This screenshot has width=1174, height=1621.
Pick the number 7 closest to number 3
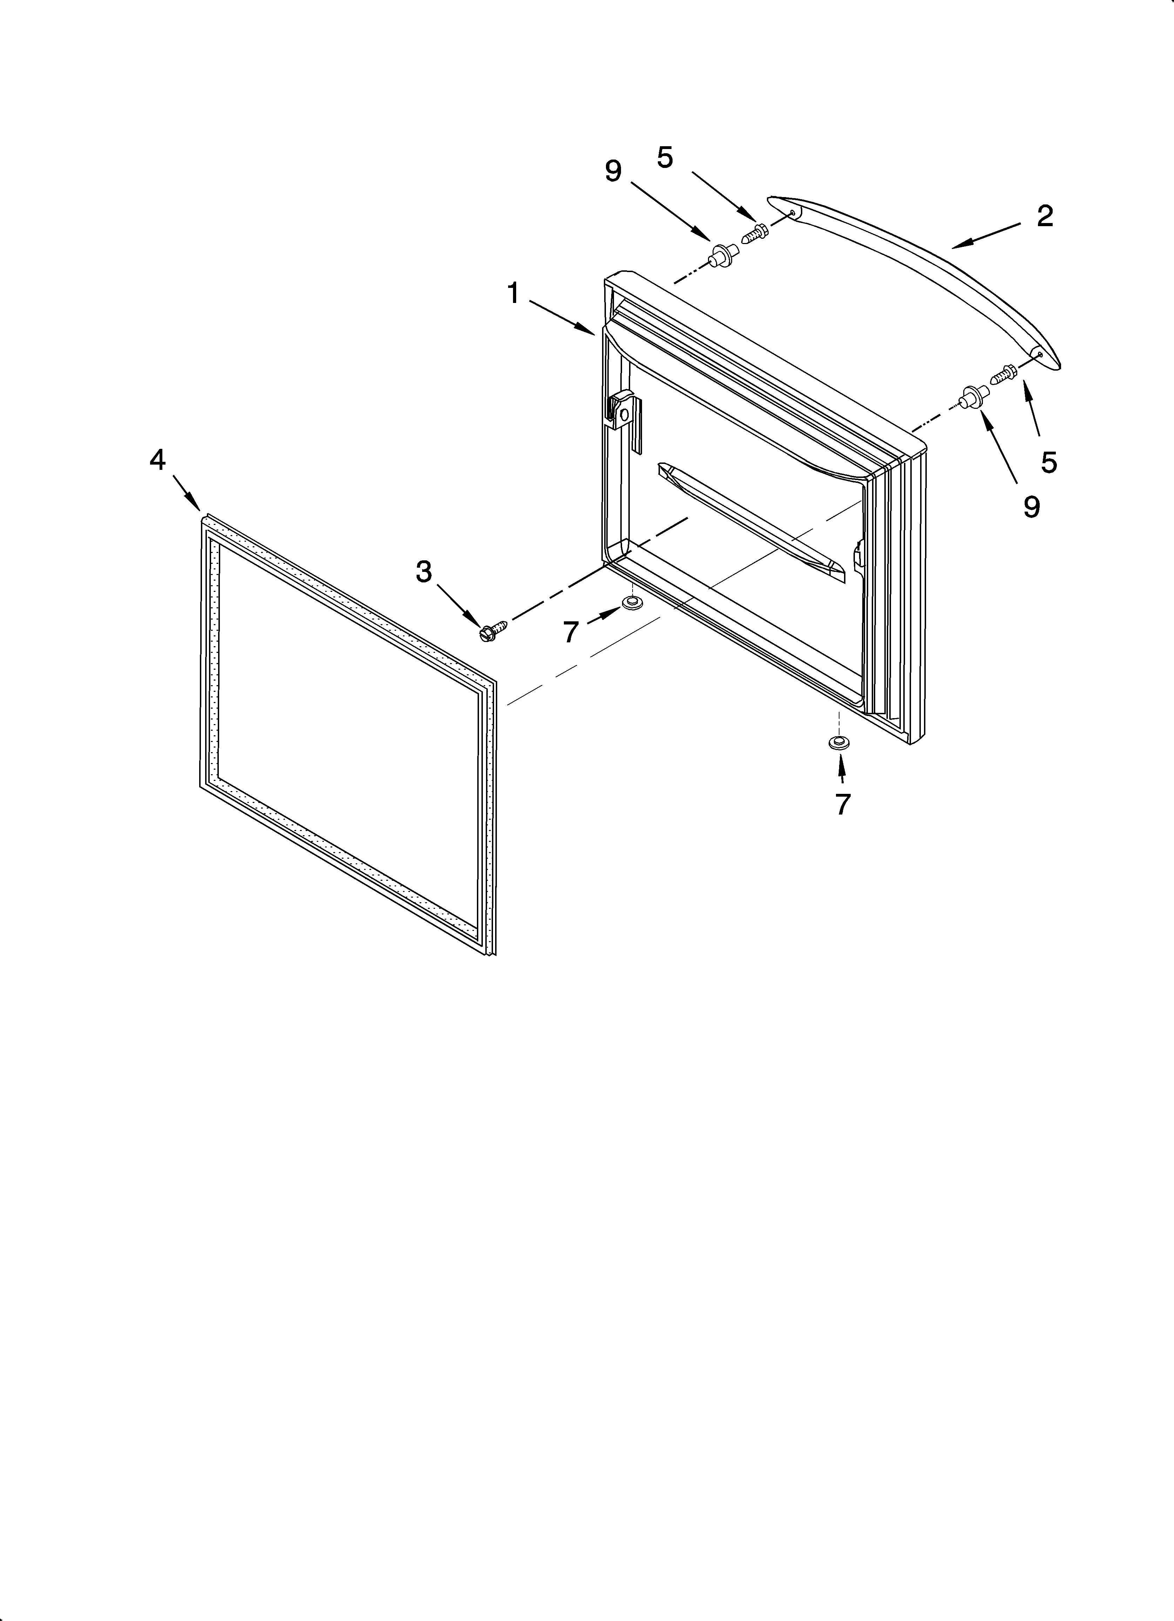570,632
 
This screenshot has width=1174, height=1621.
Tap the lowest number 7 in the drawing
842,804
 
